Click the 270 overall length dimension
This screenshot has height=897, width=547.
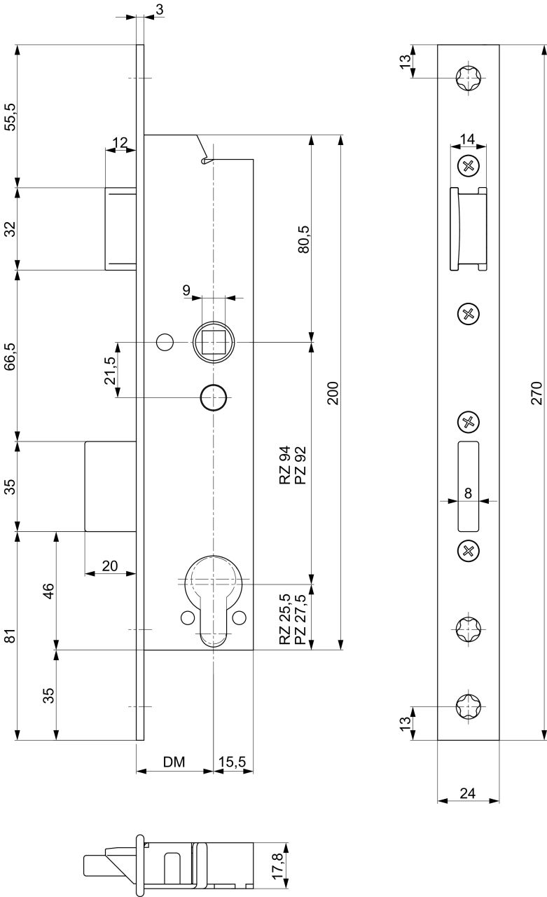coord(536,393)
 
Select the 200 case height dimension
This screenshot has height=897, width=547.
coord(333,393)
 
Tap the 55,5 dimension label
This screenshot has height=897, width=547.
coord(11,116)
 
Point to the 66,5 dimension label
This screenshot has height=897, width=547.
coord(11,356)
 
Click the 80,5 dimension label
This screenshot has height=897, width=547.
coord(304,239)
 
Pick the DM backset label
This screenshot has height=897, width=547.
coord(174,762)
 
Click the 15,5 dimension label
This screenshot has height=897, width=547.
coord(232,762)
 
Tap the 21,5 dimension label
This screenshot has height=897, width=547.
coord(110,370)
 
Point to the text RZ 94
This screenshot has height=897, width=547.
coord(284,465)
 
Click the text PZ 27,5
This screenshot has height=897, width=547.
coord(300,619)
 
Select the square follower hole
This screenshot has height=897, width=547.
coord(214,342)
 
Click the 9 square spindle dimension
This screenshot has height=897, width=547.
coord(186,290)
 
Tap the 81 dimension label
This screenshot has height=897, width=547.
coord(11,636)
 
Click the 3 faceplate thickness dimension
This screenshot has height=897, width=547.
coord(159,9)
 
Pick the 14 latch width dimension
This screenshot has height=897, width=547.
coord(467,139)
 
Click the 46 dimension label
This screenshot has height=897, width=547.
coord(48,591)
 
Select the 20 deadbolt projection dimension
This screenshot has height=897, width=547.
coord(110,566)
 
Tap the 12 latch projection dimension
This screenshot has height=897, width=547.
coord(120,142)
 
